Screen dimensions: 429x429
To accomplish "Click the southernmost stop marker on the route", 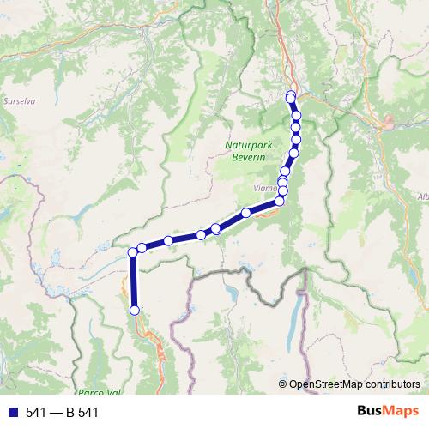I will (x=134, y=310).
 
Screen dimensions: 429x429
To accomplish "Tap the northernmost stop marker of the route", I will (x=291, y=96).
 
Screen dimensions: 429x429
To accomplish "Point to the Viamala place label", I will (x=265, y=183).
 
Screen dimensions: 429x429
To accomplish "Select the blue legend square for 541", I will (x=9, y=413).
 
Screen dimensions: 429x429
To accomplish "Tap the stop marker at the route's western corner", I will (x=133, y=252).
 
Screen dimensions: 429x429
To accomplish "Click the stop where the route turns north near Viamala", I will (x=280, y=202).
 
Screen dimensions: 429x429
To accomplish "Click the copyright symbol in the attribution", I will (x=283, y=384).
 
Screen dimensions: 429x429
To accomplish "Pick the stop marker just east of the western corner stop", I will (x=142, y=248).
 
